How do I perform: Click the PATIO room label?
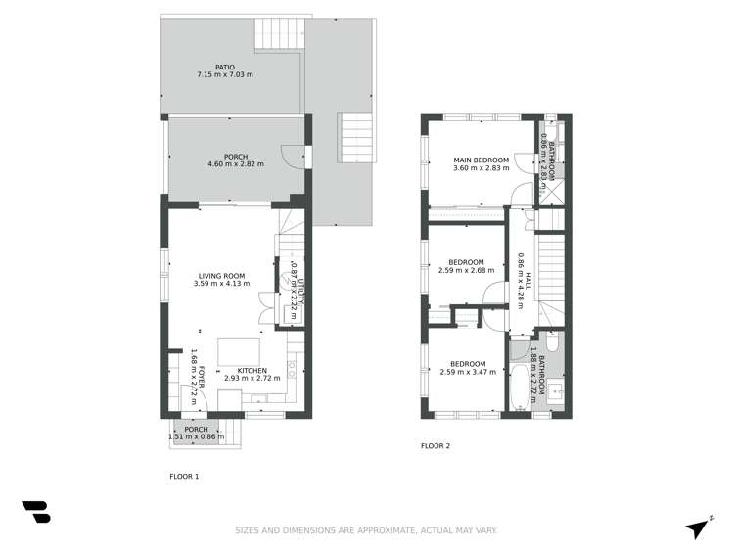[x=225, y=67]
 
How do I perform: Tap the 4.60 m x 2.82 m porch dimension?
[x=225, y=164]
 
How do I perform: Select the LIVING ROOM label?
[x=221, y=276]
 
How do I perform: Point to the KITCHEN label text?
[x=252, y=369]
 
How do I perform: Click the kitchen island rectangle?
[x=237, y=349]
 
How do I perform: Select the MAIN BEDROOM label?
[x=481, y=160]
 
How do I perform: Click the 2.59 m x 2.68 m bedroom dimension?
[x=468, y=270]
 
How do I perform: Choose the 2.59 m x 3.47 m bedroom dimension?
[x=468, y=372]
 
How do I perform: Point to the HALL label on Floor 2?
[x=527, y=284]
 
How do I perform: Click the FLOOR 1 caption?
[x=184, y=477]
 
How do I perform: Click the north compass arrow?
[x=697, y=527]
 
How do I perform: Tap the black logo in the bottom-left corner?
[x=35, y=512]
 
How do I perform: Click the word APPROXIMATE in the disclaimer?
[x=378, y=531]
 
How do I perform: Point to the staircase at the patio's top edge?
[x=279, y=35]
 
